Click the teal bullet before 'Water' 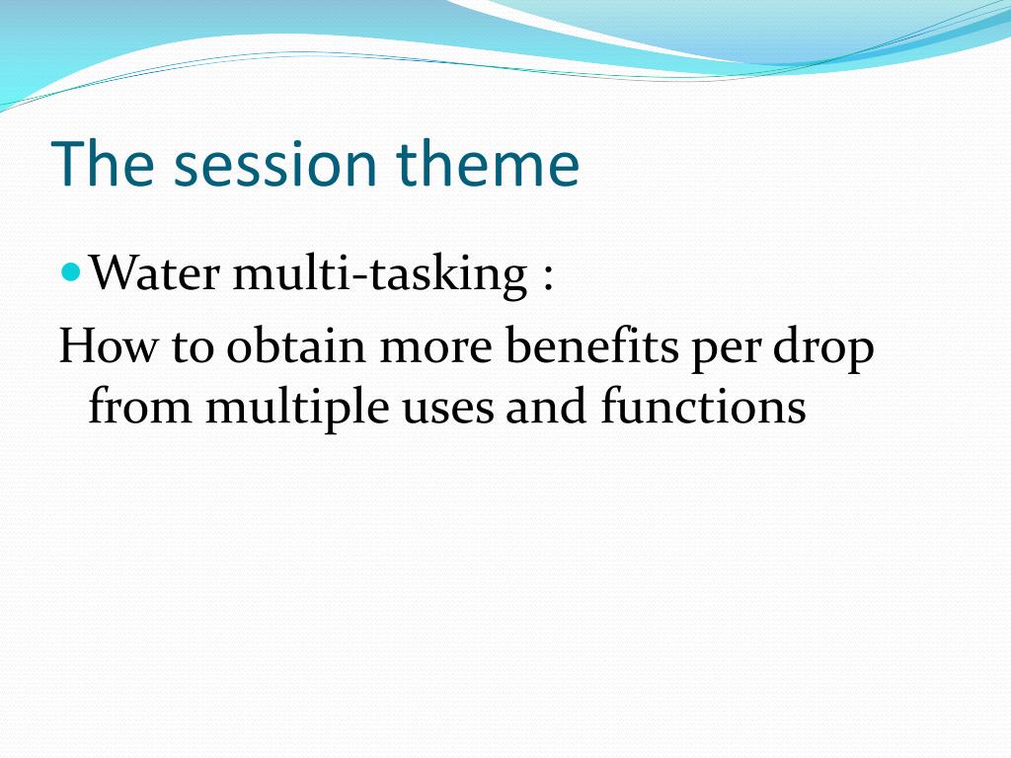point(71,272)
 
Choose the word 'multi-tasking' point(380,274)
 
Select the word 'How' point(108,345)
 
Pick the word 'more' point(436,350)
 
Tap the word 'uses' point(447,412)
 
